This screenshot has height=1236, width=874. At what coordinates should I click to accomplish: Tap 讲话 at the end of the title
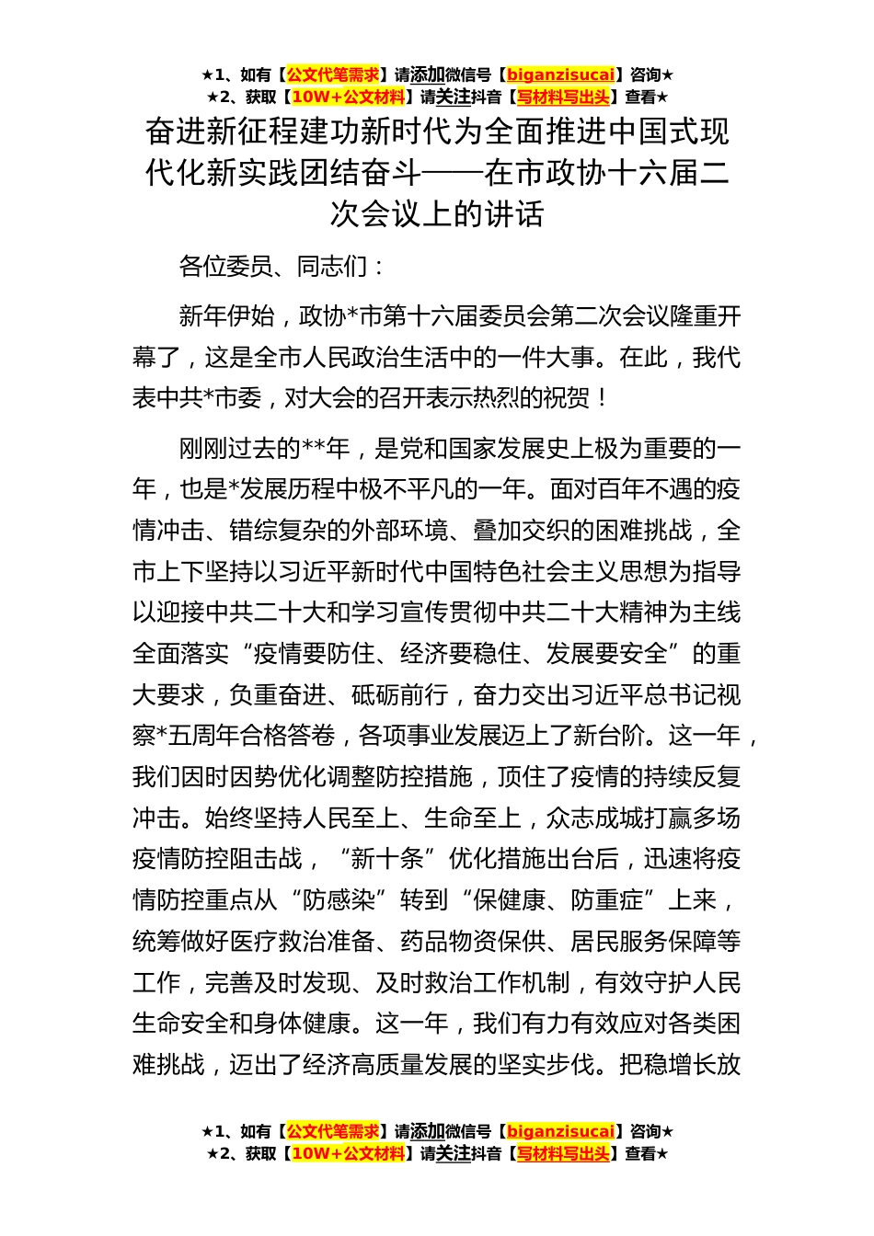[x=518, y=213]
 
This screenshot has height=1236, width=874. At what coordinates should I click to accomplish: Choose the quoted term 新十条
[x=387, y=859]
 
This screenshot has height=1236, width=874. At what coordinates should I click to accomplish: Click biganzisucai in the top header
[x=560, y=75]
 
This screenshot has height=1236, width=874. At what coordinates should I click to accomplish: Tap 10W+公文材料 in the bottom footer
[x=348, y=1153]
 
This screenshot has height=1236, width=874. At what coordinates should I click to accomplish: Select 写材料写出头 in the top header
[x=563, y=97]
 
